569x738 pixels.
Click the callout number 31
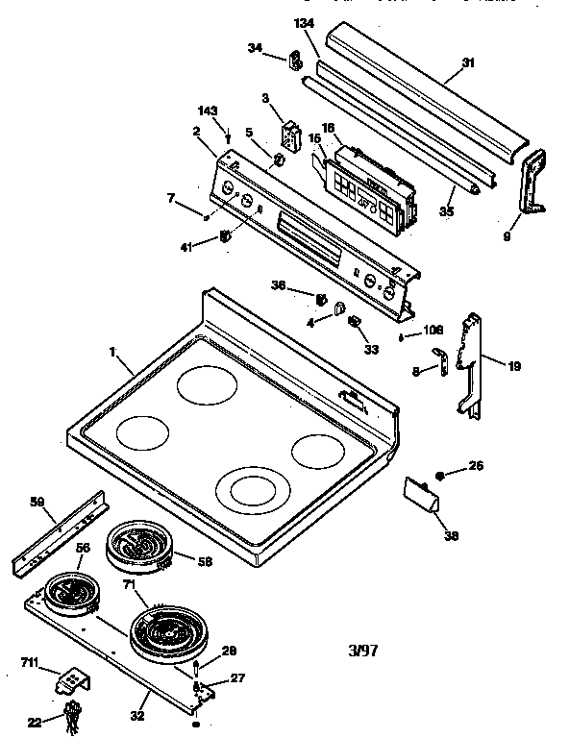point(468,63)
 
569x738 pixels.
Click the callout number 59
point(36,502)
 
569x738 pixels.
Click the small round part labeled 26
point(440,475)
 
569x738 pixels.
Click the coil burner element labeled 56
point(69,594)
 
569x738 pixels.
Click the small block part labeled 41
point(226,236)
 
